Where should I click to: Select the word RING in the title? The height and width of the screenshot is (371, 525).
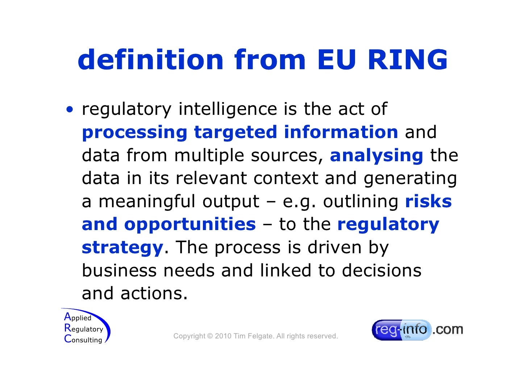pyautogui.click(x=408, y=60)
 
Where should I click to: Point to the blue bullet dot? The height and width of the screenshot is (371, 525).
pyautogui.click(x=69, y=109)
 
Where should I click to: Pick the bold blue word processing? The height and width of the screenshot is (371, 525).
pyautogui.click(x=134, y=133)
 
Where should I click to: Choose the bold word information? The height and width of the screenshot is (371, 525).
pyautogui.click(x=341, y=132)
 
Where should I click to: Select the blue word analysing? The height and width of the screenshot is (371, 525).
pyautogui.click(x=376, y=156)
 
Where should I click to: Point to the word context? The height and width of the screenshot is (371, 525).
pyautogui.click(x=286, y=178)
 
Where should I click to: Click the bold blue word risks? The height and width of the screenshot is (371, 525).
pyautogui.click(x=428, y=201)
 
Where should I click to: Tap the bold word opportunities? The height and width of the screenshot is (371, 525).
pyautogui.click(x=190, y=225)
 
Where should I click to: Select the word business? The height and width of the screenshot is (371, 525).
pyautogui.click(x=119, y=271)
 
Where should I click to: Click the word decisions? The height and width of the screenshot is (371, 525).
pyautogui.click(x=382, y=271)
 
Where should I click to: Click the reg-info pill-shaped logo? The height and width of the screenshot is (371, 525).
pyautogui.click(x=401, y=330)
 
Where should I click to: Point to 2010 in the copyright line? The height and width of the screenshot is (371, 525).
pyautogui.click(x=223, y=336)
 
